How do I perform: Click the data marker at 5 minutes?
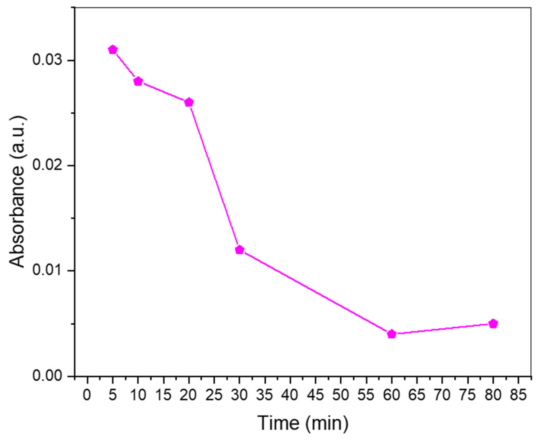(113, 50)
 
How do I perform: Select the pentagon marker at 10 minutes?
(138, 82)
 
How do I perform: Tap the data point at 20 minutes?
(189, 103)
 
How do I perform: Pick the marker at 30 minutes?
(240, 250)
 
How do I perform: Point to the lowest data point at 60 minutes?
(392, 334)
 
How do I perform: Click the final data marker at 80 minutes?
(493, 324)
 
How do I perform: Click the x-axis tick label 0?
(87, 395)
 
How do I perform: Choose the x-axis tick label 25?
(214, 395)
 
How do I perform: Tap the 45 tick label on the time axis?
(315, 395)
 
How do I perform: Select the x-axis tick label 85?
(518, 395)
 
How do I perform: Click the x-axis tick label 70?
(442, 395)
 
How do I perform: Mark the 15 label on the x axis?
(163, 395)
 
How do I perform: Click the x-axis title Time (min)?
(303, 423)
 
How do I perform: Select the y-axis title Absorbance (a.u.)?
(17, 192)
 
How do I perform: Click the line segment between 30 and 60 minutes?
(316, 292)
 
